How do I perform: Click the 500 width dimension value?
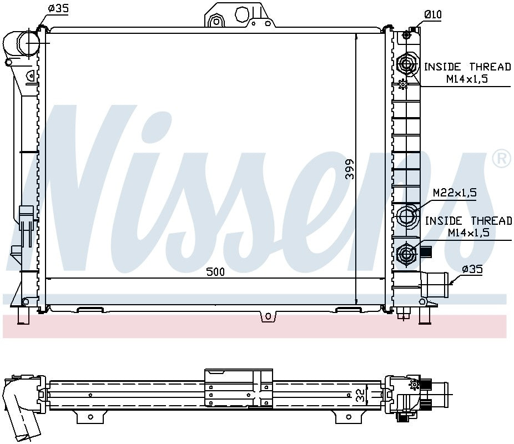[215, 271]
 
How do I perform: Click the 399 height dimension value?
[350, 169]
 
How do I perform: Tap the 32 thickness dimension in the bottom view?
[360, 396]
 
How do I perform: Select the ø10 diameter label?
[433, 14]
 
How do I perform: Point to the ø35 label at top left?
[58, 8]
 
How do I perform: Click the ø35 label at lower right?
[472, 269]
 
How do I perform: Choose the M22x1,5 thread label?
[455, 193]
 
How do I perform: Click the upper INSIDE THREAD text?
[467, 67]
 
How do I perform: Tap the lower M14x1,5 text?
[468, 233]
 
